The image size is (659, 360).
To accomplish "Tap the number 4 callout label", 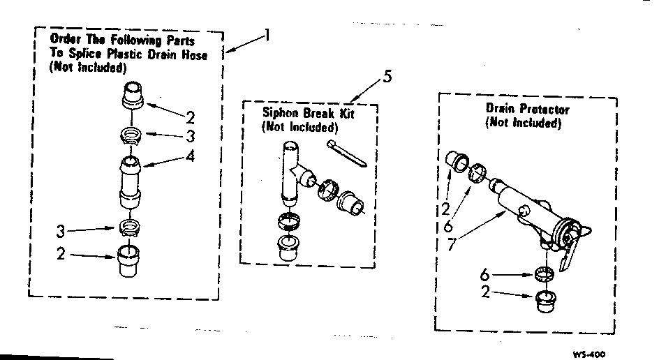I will [190, 156].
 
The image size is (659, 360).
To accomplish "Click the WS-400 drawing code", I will [588, 354].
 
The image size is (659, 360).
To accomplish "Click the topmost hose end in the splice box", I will [132, 95].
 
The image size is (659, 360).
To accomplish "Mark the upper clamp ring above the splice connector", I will [132, 135].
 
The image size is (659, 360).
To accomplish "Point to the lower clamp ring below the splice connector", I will [131, 227].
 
